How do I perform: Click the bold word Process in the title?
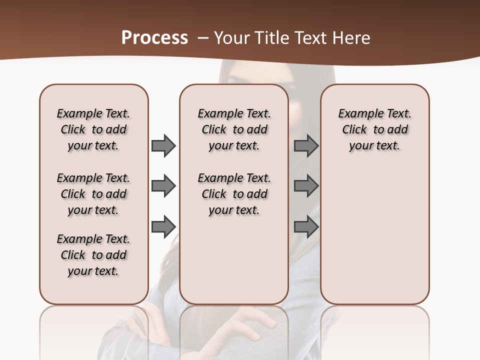154,37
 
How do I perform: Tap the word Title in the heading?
271,38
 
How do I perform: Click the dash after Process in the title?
203,38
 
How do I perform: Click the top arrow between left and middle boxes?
163,145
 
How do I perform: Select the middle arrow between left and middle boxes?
163,186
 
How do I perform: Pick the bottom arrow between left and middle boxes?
163,227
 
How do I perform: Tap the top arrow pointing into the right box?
306,145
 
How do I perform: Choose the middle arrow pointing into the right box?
306,186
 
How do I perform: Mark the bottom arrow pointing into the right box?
306,227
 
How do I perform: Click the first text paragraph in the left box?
93,129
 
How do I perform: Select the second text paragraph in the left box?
93,194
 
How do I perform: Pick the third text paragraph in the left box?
93,255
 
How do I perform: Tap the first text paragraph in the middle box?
234,129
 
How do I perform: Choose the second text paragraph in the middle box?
234,194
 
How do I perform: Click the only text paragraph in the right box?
374,129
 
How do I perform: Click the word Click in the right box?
354,130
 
